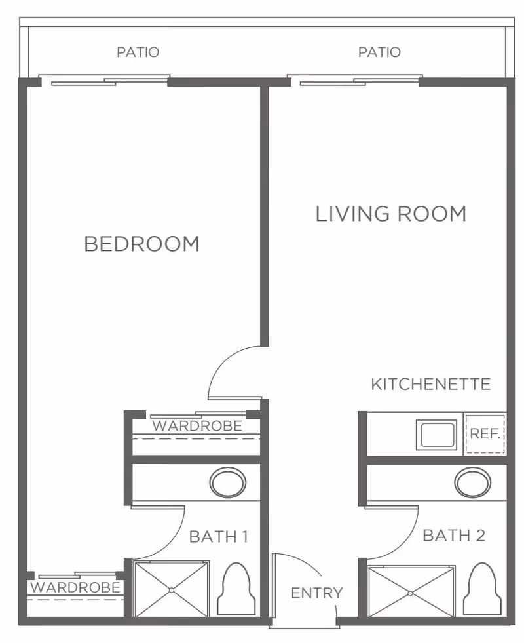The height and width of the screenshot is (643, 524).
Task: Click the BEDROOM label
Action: pos(141,244)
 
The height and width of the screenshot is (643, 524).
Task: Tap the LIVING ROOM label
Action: pos(391,214)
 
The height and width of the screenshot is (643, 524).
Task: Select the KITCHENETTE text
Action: pos(430,384)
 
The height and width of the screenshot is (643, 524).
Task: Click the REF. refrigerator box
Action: pos(485,434)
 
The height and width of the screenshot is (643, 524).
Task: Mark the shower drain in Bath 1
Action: pos(171,590)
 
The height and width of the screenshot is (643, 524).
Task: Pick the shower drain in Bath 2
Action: pos(411,593)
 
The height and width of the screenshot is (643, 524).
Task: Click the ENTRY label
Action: pos(316,593)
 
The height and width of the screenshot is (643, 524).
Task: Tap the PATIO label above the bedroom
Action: pos(138,52)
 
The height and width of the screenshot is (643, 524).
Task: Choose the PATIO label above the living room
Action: pos(379,52)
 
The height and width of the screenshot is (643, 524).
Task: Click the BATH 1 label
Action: pos(218,537)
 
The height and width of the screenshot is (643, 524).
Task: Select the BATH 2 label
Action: pos(454,535)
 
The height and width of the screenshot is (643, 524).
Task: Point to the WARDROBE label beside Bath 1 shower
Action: pos(75,587)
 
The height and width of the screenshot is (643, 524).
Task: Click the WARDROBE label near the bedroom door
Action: pos(197,426)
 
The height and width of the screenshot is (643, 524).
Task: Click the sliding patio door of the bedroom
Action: pos(105,81)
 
